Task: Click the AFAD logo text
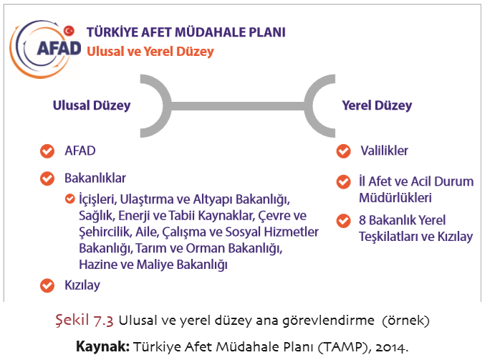coord(59,49)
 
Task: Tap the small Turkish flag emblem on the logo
coord(69,31)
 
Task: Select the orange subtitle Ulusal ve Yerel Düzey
coord(150,52)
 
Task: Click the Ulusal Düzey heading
coord(92,105)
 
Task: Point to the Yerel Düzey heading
coord(377,105)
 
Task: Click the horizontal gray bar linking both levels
coord(238,106)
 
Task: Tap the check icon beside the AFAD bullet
coord(47,151)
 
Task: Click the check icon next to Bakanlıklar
coord(47,179)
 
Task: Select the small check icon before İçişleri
coord(70,199)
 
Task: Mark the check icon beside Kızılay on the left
coord(47,285)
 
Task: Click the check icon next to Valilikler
coord(343,151)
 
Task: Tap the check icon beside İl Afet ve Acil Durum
coord(343,181)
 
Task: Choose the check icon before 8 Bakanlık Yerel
coord(343,221)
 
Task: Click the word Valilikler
coord(384,151)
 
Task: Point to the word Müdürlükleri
coord(395,197)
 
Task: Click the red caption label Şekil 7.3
coord(84,320)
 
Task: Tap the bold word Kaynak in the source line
coord(102,346)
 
